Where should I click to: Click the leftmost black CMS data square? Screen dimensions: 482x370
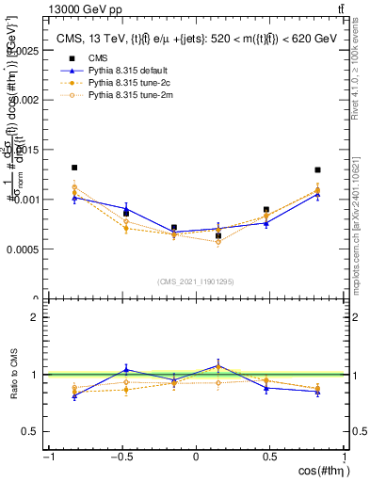point(74,168)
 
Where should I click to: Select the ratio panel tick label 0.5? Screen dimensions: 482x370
point(28,431)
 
